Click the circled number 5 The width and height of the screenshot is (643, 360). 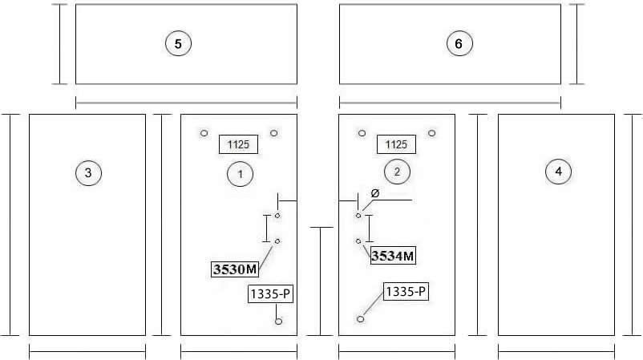pyautogui.click(x=178, y=43)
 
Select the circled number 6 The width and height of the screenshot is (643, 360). pyautogui.click(x=459, y=43)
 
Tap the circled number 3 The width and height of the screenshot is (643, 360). pyautogui.click(x=88, y=173)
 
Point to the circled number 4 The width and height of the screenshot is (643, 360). pyautogui.click(x=559, y=172)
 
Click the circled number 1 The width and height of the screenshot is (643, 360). pyautogui.click(x=241, y=174)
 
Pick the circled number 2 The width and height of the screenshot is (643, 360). pyautogui.click(x=398, y=172)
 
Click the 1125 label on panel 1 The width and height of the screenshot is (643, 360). pyautogui.click(x=239, y=144)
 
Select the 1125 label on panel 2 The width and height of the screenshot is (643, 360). pyautogui.click(x=397, y=144)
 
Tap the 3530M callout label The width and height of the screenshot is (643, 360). pyautogui.click(x=235, y=269)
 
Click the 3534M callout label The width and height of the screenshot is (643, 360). pyautogui.click(x=393, y=256)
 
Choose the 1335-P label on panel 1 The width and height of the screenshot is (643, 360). pyautogui.click(x=271, y=294)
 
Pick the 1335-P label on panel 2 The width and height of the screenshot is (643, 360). pyautogui.click(x=406, y=292)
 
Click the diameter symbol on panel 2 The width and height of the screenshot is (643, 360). pyautogui.click(x=374, y=193)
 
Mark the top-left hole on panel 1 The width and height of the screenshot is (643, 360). pyautogui.click(x=204, y=133)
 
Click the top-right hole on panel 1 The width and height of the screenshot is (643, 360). pyautogui.click(x=274, y=133)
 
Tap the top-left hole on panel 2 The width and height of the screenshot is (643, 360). pyautogui.click(x=362, y=133)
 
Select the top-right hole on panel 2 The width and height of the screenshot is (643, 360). pyautogui.click(x=432, y=133)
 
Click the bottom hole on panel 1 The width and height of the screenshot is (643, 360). pyautogui.click(x=278, y=321)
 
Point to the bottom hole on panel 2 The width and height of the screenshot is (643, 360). pyautogui.click(x=361, y=319)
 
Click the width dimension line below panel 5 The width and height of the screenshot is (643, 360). pyautogui.click(x=187, y=103)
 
